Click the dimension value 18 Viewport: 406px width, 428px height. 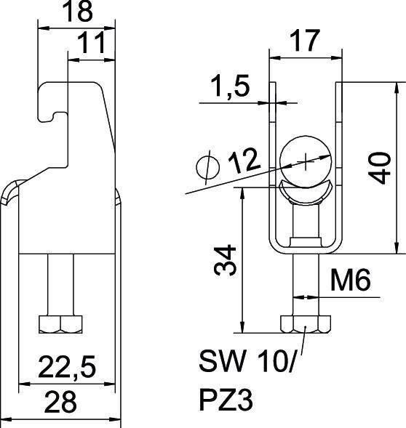76,13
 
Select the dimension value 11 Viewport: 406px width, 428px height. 93,44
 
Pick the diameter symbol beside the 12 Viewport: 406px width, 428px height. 207,167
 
